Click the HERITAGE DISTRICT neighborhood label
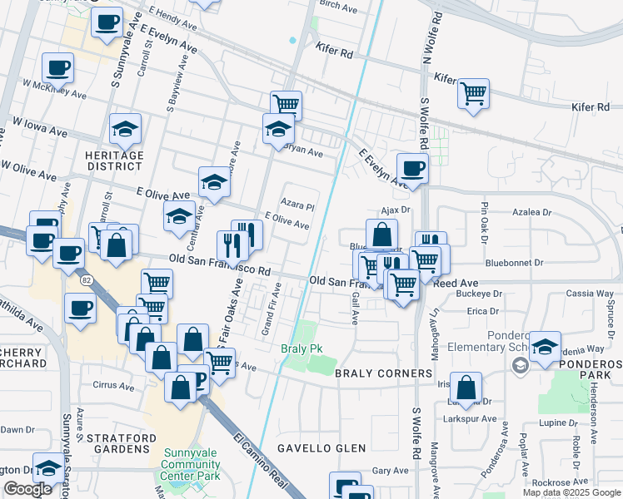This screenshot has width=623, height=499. tap(114, 161)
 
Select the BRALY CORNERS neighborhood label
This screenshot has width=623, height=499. tap(382, 373)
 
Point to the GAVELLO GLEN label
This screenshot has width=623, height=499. tap(321, 448)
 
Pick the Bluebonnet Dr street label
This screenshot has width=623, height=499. tap(514, 262)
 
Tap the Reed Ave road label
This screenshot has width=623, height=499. tap(456, 283)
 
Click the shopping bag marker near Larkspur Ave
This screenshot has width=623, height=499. tap(466, 386)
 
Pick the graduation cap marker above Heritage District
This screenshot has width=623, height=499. tap(125, 128)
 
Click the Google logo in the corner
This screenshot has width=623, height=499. tap(27, 489)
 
